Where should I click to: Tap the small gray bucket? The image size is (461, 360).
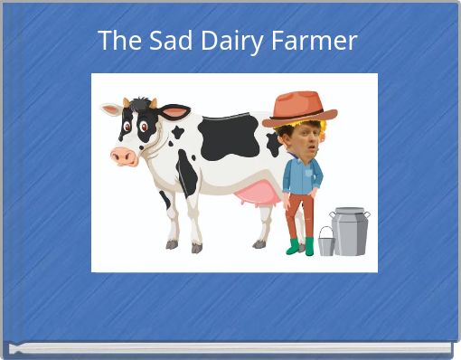pos(325,241)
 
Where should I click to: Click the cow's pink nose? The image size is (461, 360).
pos(124,156)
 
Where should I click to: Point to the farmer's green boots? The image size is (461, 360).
pos(301,246)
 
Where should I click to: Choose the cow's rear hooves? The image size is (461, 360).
pos(259,243)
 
